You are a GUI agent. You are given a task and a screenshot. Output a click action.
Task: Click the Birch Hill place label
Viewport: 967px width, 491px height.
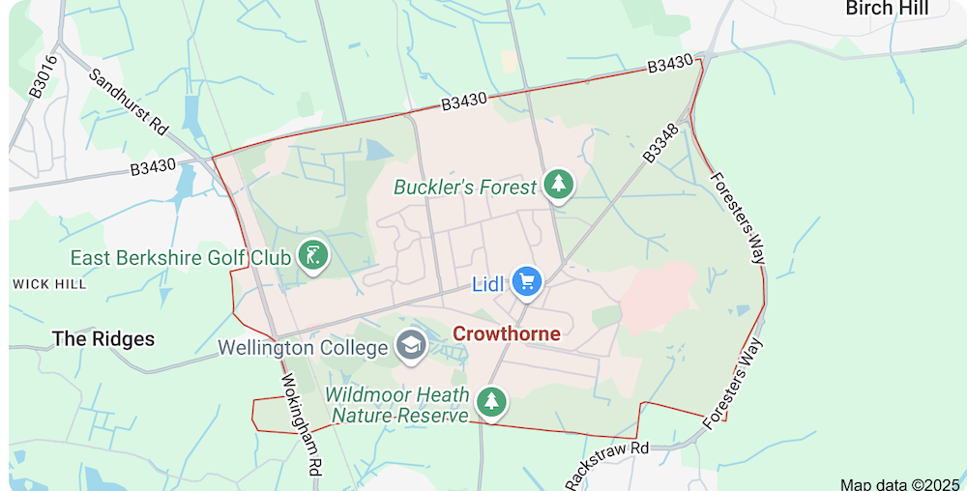886,9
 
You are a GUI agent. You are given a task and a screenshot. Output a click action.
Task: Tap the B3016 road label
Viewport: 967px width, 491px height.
44,76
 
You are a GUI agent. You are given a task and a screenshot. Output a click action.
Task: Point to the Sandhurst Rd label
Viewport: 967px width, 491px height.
129,101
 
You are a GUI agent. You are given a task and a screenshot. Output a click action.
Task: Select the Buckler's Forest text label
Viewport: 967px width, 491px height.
464,188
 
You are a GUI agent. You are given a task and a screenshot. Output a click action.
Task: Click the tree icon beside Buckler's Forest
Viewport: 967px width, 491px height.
558,184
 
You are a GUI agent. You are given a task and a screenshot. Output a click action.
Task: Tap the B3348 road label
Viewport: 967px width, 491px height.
661,144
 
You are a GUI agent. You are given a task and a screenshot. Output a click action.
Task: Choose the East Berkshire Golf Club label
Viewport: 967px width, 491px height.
181,258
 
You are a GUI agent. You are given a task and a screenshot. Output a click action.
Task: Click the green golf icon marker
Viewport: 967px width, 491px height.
312,256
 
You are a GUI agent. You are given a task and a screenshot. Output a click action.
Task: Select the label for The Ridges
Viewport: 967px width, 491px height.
103,339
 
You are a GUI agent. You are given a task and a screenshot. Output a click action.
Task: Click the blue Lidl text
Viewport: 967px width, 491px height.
488,284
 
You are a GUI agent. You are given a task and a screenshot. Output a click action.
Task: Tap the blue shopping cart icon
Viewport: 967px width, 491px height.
527,281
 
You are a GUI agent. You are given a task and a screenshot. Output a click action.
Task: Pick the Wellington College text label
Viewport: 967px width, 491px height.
305,346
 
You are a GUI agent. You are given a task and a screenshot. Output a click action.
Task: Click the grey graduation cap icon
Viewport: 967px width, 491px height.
412,346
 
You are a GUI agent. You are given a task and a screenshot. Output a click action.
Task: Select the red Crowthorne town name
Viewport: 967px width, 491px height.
507,333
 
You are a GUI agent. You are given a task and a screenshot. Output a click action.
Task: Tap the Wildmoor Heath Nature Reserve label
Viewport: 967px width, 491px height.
397,405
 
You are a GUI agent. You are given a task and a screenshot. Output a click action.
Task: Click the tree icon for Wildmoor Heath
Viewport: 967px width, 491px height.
493,401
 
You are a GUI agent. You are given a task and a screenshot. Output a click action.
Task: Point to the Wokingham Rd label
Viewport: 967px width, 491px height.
301,434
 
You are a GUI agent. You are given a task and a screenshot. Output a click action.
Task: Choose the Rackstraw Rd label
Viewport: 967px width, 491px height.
606,464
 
